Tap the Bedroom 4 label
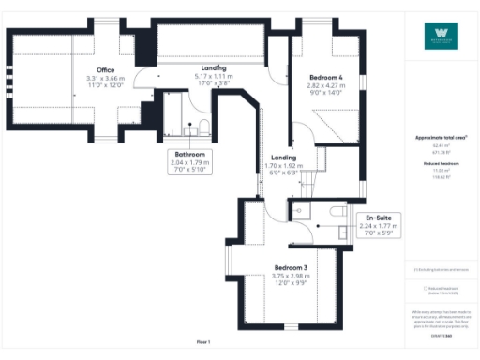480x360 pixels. [320, 77]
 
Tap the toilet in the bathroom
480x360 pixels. [203, 127]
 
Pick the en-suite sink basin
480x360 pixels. [342, 232]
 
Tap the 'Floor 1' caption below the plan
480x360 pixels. [203, 341]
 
